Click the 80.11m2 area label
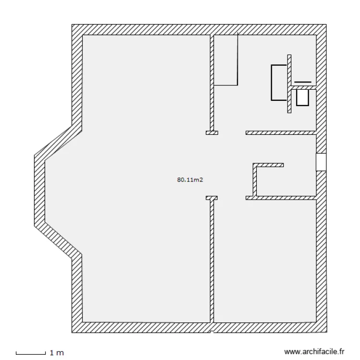click(188, 180)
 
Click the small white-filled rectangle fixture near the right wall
click(302, 98)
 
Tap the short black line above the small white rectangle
click(302, 82)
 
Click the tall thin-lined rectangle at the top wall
click(226, 60)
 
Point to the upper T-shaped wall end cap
click(212, 133)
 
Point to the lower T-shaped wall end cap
click(212, 197)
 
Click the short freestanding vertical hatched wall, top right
click(289, 84)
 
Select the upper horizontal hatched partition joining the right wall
click(281, 132)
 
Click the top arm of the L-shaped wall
click(268, 165)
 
